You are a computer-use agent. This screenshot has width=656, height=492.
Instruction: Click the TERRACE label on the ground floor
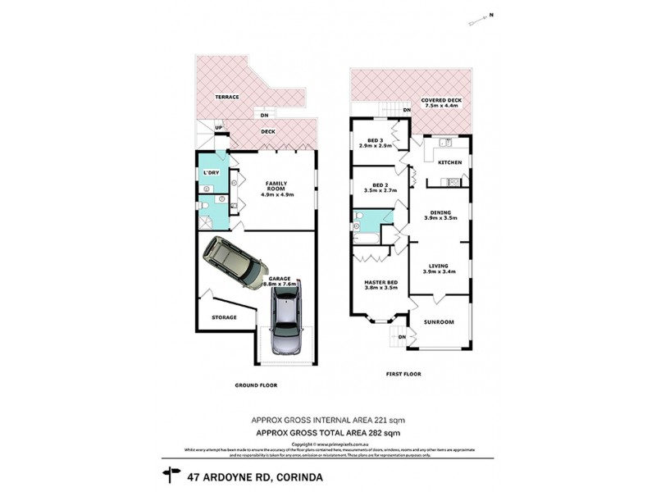click(x=227, y=97)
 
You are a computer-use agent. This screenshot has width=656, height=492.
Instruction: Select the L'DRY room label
click(x=211, y=173)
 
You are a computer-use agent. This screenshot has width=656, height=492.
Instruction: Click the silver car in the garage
click(x=286, y=321)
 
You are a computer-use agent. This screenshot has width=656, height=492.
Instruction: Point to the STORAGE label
click(x=224, y=317)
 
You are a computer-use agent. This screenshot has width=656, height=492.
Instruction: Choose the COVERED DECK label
click(x=441, y=100)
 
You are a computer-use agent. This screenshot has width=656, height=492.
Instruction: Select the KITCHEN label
click(x=450, y=162)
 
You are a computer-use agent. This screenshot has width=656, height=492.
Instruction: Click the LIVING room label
click(x=439, y=265)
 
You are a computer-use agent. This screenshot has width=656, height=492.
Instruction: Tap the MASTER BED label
click(x=380, y=282)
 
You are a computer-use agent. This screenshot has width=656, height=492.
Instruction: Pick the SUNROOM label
click(x=439, y=322)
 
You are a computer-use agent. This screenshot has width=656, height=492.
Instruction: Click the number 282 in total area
click(x=376, y=432)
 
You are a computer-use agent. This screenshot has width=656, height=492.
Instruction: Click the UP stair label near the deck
click(x=218, y=127)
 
